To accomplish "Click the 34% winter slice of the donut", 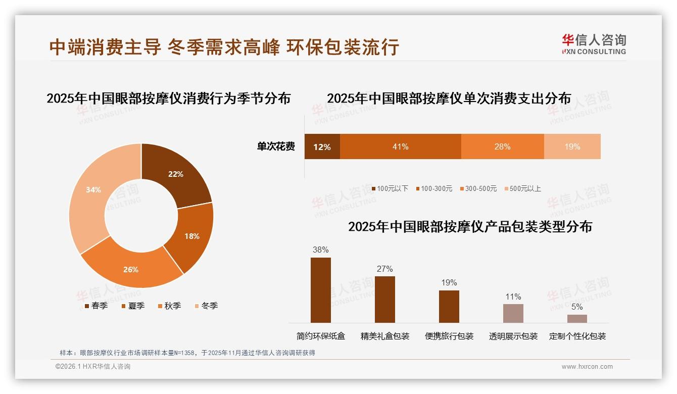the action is [x=91, y=194].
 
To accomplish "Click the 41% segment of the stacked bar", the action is [x=400, y=147].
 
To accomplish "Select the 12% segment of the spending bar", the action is [x=322, y=147].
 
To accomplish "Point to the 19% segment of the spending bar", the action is [x=572, y=147].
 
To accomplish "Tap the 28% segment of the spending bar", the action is [x=502, y=147].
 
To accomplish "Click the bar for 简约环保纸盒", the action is [x=320, y=290].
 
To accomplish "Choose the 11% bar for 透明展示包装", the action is [x=513, y=313].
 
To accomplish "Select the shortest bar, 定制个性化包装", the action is [x=577, y=319].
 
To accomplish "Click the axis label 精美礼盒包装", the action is [x=385, y=336].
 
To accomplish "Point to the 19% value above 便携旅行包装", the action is [x=449, y=283].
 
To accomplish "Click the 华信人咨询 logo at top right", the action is [x=594, y=44].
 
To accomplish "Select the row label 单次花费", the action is [x=276, y=147].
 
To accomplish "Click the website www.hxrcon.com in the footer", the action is [x=587, y=367].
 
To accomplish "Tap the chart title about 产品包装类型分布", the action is [x=470, y=227].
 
